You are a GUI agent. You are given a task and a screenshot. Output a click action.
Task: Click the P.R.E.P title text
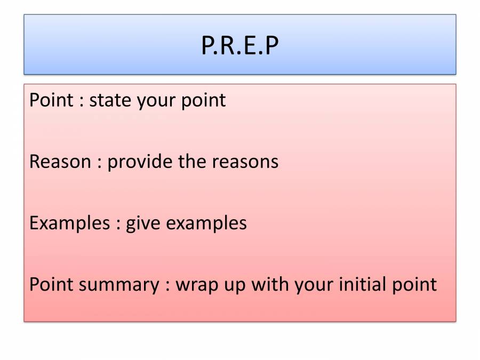[x=239, y=45]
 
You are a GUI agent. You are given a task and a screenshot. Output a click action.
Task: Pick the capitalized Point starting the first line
[x=51, y=100]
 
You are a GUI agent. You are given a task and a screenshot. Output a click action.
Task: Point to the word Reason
[x=60, y=161]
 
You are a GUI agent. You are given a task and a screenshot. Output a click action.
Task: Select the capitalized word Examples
[x=70, y=223]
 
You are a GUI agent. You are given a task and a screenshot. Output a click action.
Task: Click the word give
[x=143, y=224]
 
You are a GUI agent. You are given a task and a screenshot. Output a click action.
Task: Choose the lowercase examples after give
[x=206, y=223]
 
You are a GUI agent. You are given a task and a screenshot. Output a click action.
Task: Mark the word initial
[x=362, y=284]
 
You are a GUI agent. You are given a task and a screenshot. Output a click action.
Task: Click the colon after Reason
[x=100, y=163]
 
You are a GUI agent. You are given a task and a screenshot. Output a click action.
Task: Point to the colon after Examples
[x=118, y=225]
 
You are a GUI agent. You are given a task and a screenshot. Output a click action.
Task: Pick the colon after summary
[x=168, y=286]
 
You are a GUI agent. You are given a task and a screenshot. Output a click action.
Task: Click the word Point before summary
[x=51, y=284]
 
